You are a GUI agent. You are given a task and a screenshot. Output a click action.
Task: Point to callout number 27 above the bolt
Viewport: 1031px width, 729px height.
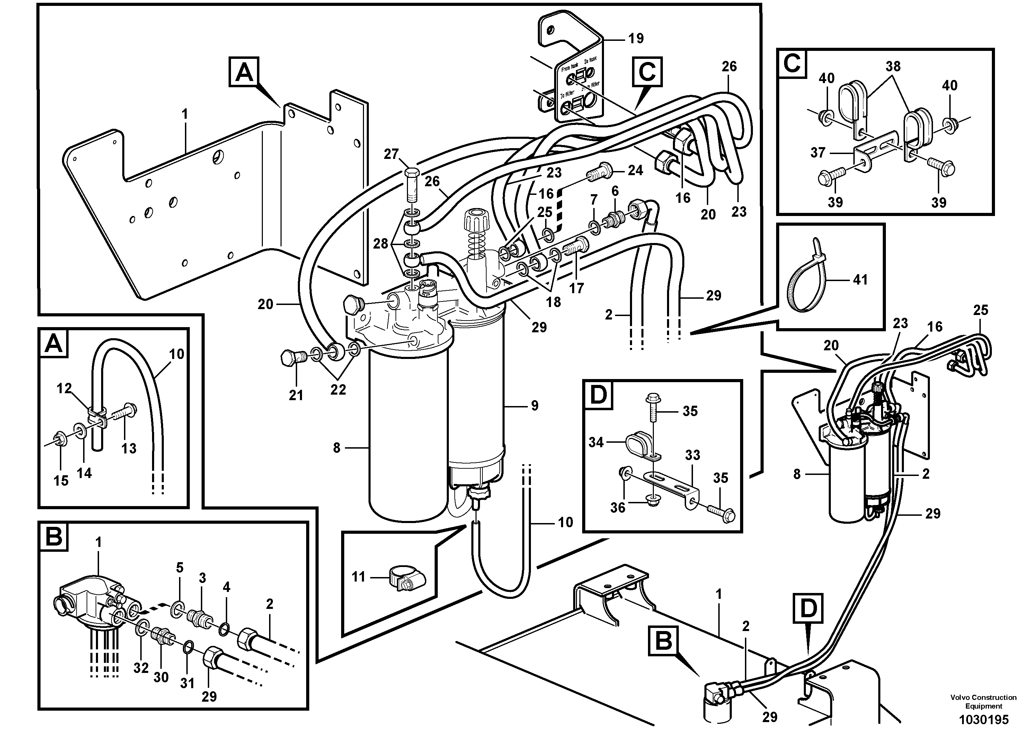tap(391, 154)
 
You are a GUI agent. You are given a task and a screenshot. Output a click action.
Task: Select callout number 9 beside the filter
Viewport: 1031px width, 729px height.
tap(534, 406)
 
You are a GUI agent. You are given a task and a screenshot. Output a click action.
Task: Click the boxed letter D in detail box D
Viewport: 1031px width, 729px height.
tap(598, 395)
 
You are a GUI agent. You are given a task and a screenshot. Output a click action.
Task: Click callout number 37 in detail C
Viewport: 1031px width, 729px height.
tap(818, 153)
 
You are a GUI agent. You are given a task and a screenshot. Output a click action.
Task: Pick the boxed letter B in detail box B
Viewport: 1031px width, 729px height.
tap(54, 537)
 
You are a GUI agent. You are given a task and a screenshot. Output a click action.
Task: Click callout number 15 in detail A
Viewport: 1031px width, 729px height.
tap(61, 481)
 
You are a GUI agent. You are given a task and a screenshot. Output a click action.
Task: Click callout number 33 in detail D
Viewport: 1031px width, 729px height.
tap(692, 455)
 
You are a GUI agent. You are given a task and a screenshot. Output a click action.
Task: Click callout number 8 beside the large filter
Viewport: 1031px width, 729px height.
tap(337, 448)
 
